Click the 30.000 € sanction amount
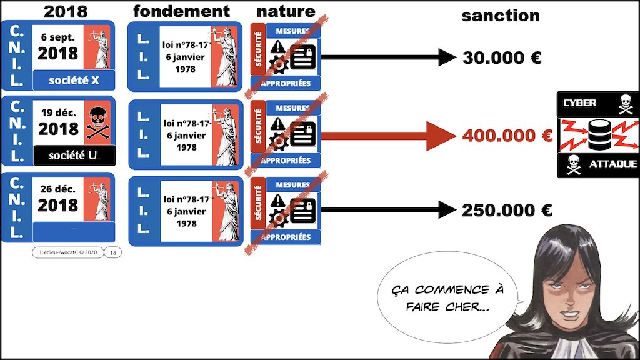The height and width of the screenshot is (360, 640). [501, 58]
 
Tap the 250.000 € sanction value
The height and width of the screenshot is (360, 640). [506, 211]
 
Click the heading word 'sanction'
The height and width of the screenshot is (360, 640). [500, 16]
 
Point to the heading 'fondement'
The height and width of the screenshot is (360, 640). [181, 11]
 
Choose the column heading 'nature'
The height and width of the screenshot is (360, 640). [286, 11]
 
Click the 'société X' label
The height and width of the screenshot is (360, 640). [74, 79]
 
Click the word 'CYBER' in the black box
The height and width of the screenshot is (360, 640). [580, 103]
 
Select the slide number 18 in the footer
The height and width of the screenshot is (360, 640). [112, 252]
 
